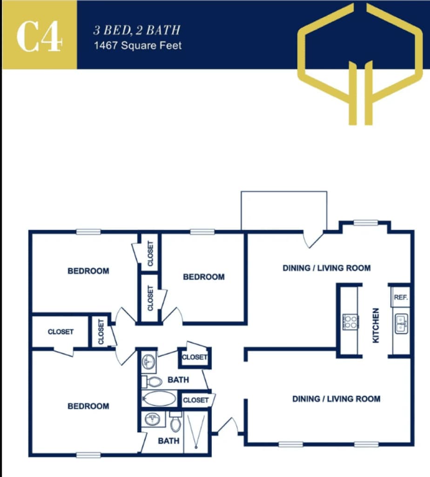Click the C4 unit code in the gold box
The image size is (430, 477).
point(39,35)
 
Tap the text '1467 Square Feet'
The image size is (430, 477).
point(137,46)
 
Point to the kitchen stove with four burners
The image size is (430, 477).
point(350,322)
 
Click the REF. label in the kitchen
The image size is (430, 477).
point(400,297)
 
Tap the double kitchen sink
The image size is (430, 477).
point(402,323)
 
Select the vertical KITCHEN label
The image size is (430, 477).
point(376,325)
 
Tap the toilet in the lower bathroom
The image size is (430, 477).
point(175,422)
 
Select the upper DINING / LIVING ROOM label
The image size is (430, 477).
point(327,268)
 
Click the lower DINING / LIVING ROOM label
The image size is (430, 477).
point(336,399)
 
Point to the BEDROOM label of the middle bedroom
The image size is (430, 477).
point(203,277)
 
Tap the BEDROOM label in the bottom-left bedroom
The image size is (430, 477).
point(88,406)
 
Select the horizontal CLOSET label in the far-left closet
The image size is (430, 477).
point(60,332)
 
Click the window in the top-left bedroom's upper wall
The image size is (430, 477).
point(88,232)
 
